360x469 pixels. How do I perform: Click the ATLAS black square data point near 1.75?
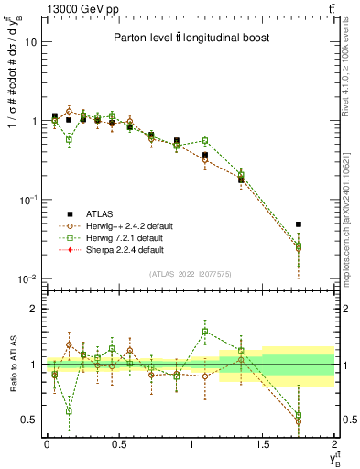point(299,224)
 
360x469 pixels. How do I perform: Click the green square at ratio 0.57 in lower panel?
point(69,411)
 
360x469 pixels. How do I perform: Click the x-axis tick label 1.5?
point(263,444)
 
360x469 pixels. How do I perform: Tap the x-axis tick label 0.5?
point(118,444)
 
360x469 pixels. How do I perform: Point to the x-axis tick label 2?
point(334,444)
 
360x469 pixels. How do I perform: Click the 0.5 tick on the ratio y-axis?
point(29,420)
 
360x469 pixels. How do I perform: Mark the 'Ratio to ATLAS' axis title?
point(11,365)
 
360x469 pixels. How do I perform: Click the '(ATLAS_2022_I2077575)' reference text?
point(191,273)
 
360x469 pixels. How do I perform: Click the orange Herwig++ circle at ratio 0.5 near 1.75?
point(299,421)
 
